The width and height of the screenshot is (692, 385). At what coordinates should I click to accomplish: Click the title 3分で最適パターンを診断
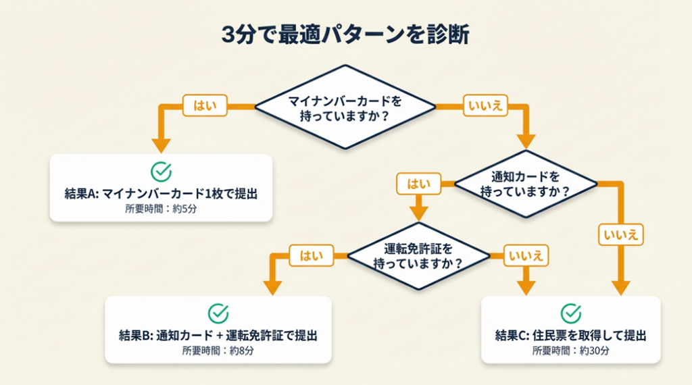tap(345, 35)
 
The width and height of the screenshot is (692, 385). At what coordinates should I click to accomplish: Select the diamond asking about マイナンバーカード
tap(345, 107)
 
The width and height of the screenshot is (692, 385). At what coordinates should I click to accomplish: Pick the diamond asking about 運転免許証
tap(418, 256)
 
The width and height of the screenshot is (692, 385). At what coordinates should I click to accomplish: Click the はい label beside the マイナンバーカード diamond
tap(204, 105)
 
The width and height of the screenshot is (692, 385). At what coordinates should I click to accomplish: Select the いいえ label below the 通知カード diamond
tap(620, 234)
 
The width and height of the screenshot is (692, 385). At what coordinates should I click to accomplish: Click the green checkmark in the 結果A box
tap(161, 172)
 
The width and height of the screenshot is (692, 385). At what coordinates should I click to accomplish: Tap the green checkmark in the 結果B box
tap(218, 313)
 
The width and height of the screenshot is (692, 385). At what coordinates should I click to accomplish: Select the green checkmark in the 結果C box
tap(571, 313)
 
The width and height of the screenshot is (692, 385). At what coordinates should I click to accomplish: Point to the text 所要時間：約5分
tap(161, 209)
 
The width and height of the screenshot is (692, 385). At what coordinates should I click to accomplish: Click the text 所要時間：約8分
tap(218, 351)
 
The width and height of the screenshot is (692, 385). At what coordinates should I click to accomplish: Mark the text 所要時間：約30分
tap(571, 351)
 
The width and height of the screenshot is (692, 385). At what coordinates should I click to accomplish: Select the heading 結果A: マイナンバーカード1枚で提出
tap(161, 194)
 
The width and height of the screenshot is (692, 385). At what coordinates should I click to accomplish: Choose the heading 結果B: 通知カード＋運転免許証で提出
tap(218, 335)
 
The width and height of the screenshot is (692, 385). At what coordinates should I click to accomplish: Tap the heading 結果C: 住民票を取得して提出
tap(571, 335)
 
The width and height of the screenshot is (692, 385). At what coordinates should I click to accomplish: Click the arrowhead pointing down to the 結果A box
tap(161, 145)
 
